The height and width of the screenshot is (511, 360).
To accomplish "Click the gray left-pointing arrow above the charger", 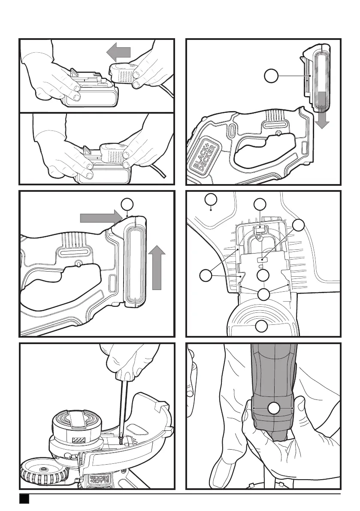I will (x=118, y=53).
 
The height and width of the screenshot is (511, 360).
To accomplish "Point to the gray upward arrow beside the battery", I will (x=156, y=266).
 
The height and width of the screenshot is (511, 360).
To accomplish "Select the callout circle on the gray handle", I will (x=273, y=408).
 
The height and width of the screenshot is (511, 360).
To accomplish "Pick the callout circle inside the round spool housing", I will (x=262, y=327).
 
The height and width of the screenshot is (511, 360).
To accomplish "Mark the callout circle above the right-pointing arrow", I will (x=126, y=204).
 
